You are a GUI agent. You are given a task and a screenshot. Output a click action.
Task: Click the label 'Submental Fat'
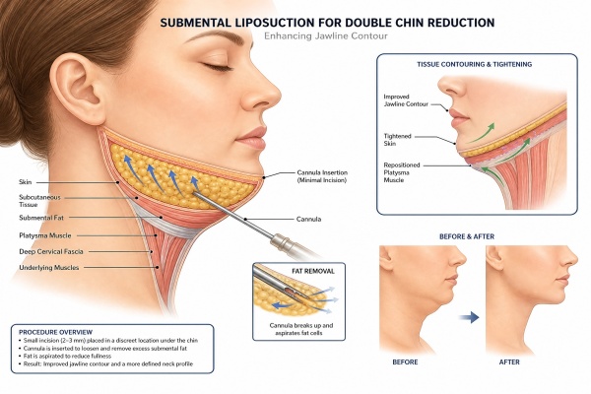[x=41, y=218]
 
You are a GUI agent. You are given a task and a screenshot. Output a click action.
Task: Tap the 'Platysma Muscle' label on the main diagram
[x=45, y=235]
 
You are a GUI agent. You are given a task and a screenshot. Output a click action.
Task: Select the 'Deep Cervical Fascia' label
[x=51, y=251]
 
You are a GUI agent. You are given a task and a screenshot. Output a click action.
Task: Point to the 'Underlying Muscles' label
[x=49, y=268]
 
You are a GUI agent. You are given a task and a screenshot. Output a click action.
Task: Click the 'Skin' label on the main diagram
[x=26, y=182]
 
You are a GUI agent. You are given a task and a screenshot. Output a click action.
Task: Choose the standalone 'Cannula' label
[x=308, y=219]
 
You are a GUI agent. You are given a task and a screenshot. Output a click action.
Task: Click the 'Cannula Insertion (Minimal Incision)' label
[x=322, y=176]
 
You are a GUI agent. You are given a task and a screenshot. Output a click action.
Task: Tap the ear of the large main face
[x=77, y=90]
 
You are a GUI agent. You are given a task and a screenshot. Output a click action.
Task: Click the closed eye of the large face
[x=217, y=67]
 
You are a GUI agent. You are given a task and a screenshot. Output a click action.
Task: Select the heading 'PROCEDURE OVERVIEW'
[x=55, y=332]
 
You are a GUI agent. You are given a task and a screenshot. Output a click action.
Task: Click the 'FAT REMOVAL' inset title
[x=313, y=271]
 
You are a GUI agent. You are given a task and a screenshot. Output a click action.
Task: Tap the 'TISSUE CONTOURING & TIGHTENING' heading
[x=474, y=64]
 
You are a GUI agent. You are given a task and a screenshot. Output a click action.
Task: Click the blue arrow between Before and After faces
[x=469, y=317]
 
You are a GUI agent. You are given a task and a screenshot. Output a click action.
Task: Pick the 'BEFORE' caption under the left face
[x=405, y=361]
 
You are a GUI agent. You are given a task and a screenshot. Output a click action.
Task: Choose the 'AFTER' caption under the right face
[x=509, y=361]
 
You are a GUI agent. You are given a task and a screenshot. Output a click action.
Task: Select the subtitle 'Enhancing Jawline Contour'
[x=326, y=36]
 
